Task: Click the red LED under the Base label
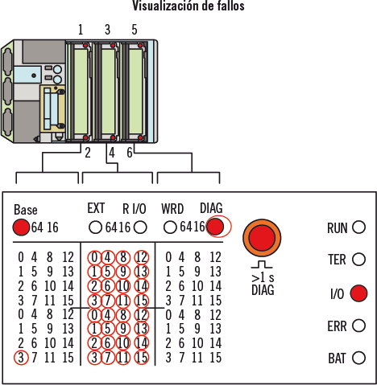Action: (21, 227)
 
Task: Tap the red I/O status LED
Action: (358, 293)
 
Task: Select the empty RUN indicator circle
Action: (359, 227)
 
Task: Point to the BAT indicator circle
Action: (359, 358)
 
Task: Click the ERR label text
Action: (337, 326)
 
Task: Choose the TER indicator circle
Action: (359, 259)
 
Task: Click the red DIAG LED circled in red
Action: (216, 227)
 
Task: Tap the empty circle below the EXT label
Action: (95, 227)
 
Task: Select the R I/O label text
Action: (135, 209)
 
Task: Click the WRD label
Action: (172, 209)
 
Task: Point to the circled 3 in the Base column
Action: (21, 358)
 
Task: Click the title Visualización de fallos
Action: (188, 6)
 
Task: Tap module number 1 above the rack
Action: (81, 30)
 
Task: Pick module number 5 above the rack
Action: (135, 30)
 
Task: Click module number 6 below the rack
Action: (130, 153)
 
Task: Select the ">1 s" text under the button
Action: (263, 278)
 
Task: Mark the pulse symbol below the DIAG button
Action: (262, 264)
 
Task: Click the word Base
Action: (26, 210)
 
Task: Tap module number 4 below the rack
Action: (112, 153)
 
